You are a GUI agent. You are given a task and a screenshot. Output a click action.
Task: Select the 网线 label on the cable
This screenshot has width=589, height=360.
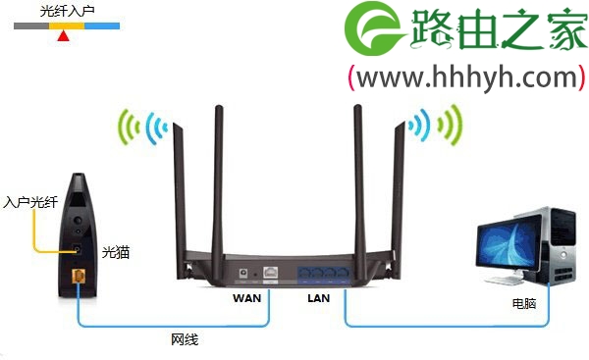tap(185, 339)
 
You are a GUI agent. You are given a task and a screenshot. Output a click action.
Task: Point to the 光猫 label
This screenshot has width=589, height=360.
tap(116, 252)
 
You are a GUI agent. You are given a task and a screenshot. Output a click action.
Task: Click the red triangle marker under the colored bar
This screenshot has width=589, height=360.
tap(64, 36)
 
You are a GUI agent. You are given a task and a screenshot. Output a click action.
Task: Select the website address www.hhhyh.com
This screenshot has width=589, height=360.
tap(466, 77)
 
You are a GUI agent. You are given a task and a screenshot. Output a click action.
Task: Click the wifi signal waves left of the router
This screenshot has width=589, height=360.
tap(139, 127)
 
